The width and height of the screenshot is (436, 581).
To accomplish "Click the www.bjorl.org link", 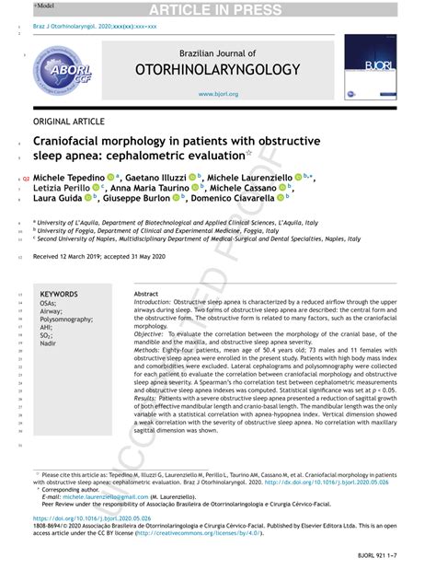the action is pyautogui.click(x=218, y=94).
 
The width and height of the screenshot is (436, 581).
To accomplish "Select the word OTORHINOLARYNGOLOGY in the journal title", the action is pyautogui.click(x=218, y=69).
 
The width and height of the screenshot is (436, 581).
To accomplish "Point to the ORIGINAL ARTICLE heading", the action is pyautogui.click(x=69, y=122).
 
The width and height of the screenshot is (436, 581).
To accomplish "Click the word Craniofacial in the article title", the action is pyautogui.click(x=76, y=142).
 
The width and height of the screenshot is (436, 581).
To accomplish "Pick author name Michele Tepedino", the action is pyautogui.click(x=68, y=176).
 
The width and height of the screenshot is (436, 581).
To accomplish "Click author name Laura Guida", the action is pyautogui.click(x=57, y=197).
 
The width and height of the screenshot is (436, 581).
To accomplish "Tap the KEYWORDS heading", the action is pyautogui.click(x=59, y=295).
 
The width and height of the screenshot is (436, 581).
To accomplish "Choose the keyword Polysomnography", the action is pyautogui.click(x=66, y=319).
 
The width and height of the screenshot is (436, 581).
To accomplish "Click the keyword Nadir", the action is pyautogui.click(x=48, y=343).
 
